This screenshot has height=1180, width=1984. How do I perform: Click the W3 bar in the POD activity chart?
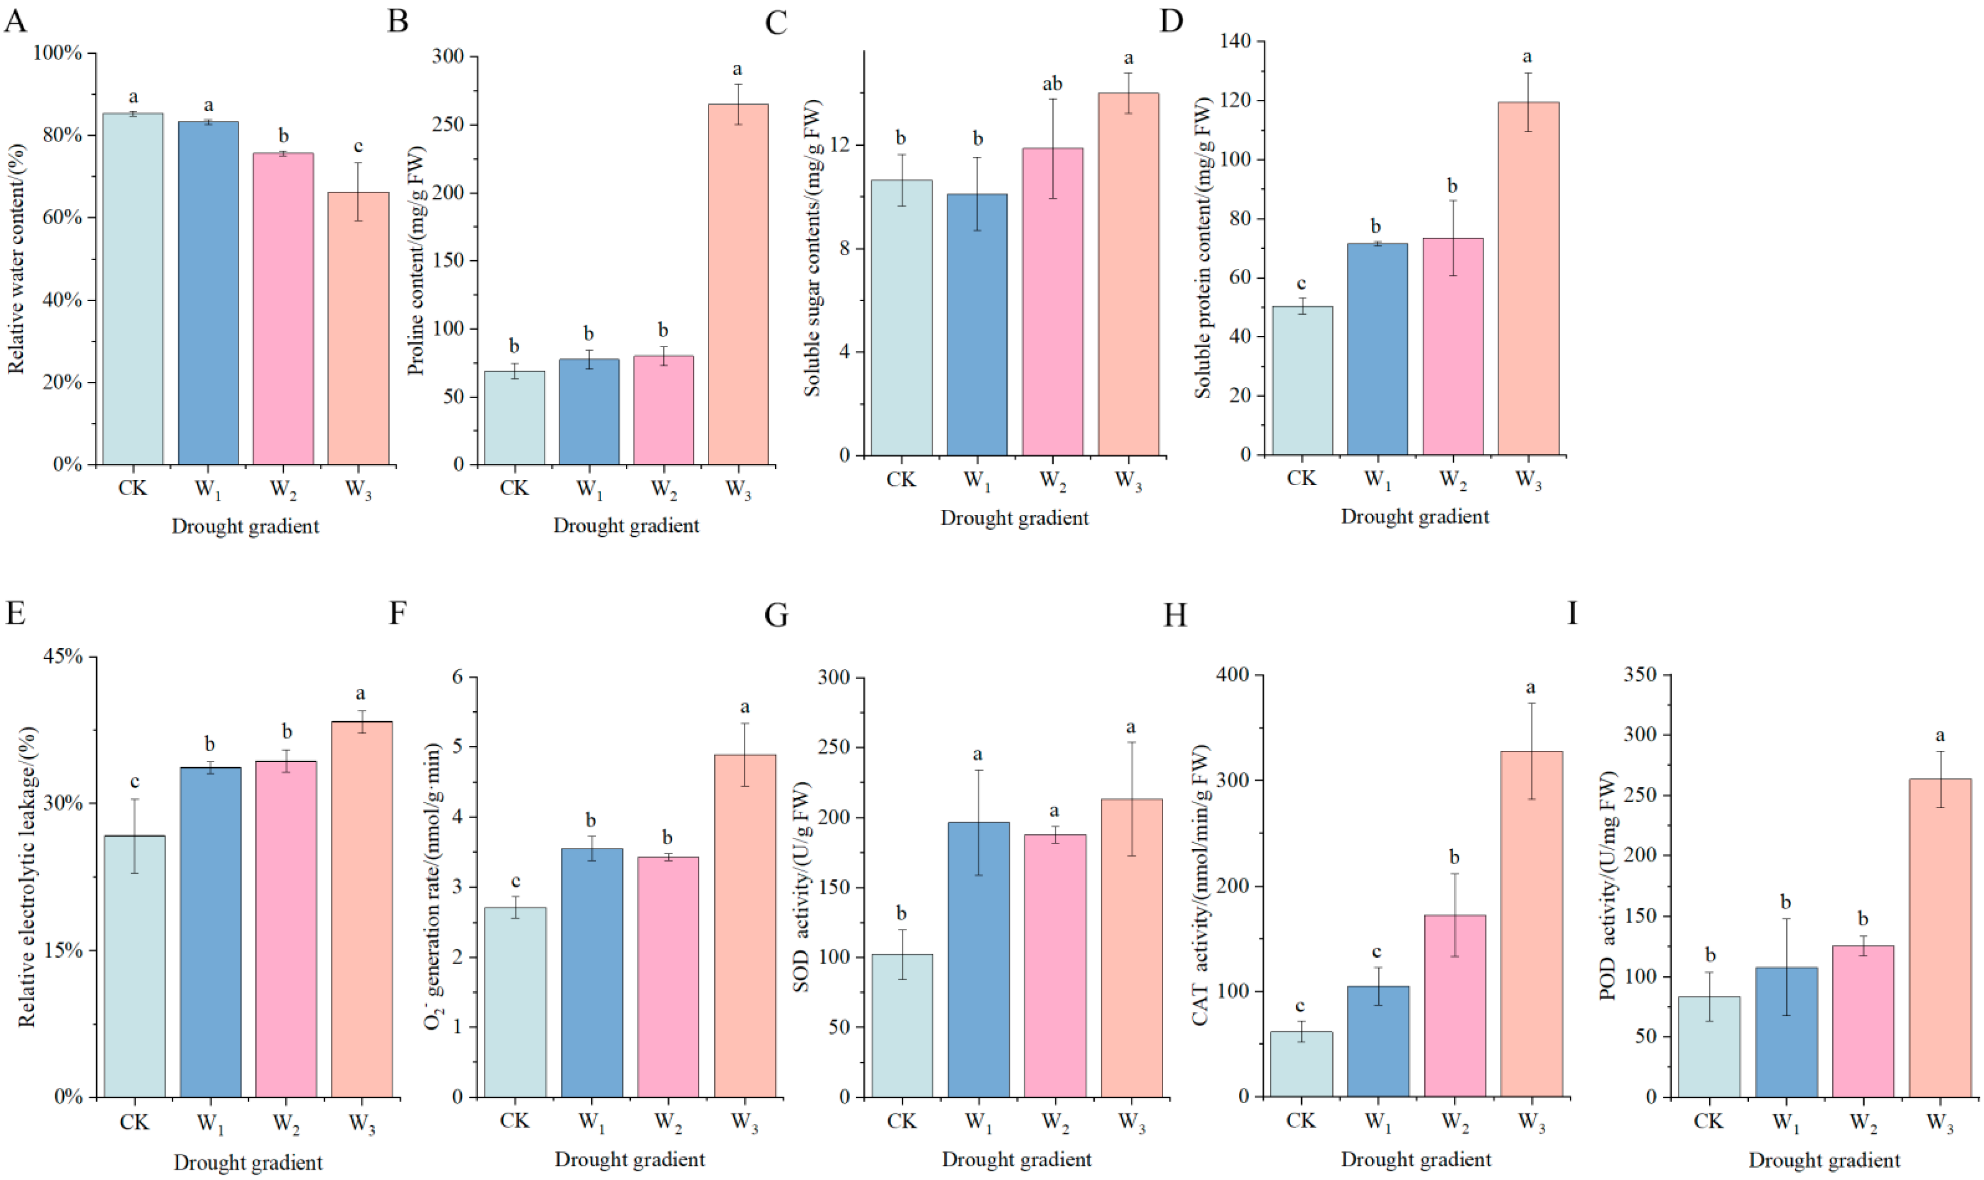(x=1939, y=938)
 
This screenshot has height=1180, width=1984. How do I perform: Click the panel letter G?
(x=776, y=615)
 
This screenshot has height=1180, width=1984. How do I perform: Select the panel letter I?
(x=1572, y=613)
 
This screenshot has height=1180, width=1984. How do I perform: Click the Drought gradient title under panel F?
(x=629, y=1159)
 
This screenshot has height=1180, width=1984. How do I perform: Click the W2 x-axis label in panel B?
(x=664, y=489)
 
